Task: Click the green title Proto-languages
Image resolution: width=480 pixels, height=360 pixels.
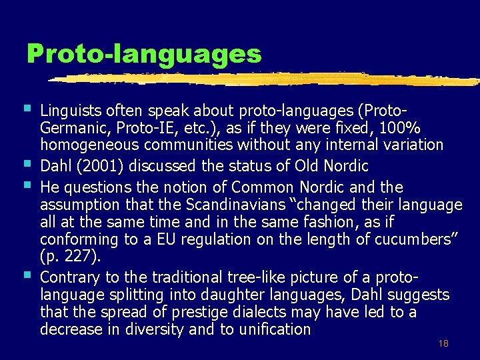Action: (144, 54)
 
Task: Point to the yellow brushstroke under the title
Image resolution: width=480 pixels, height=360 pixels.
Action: (264, 79)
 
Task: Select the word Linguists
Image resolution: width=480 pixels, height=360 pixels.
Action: (71, 111)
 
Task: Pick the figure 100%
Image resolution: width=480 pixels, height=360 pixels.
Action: (399, 127)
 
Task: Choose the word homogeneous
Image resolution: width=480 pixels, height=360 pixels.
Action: (89, 145)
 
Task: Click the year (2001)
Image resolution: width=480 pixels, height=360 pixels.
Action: (100, 166)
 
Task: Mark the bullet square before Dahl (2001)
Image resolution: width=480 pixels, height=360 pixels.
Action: (27, 163)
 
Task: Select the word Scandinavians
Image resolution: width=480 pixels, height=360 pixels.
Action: (236, 205)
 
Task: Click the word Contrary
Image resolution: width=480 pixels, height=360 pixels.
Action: (70, 277)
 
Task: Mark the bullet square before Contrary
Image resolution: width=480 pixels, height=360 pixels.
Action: (27, 275)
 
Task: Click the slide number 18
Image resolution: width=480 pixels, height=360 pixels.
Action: (443, 343)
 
